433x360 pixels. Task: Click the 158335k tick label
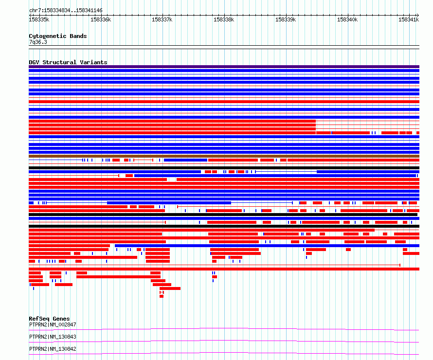click(39, 19)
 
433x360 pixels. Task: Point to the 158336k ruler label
click(101, 19)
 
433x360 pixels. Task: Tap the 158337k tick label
click(162, 19)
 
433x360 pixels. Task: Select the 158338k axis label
click(224, 19)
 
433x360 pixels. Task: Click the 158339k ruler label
click(286, 19)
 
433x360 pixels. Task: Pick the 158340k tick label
click(347, 19)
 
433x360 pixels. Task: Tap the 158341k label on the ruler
click(409, 19)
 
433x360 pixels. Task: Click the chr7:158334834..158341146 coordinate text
click(66, 11)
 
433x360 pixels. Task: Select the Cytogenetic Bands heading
click(58, 36)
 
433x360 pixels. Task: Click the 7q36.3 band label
click(38, 42)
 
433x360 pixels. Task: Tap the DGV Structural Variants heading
click(68, 62)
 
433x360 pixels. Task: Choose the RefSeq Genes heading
click(49, 319)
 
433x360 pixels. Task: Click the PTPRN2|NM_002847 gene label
click(53, 324)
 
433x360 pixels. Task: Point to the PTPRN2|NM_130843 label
click(53, 337)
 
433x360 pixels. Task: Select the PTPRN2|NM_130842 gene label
click(53, 349)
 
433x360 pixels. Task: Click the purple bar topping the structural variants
click(224, 67)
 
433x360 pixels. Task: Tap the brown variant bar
click(224, 156)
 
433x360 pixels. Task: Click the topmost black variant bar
click(224, 168)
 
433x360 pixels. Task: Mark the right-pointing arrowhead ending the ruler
click(418, 15)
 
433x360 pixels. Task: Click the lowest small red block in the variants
click(162, 296)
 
